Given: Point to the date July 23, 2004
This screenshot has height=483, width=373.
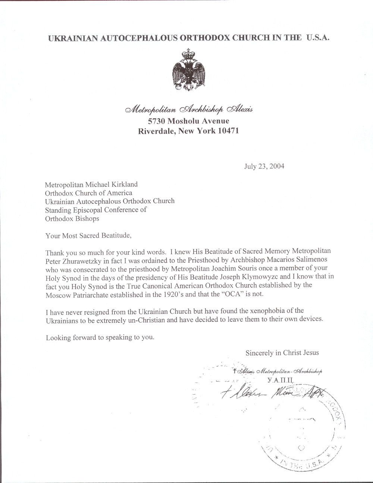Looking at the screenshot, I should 264,166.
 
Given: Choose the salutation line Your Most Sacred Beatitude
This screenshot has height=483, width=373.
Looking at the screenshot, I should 88,235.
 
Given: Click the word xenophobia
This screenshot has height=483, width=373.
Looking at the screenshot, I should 262,311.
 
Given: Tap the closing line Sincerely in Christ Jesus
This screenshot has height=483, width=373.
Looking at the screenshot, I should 282,352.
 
